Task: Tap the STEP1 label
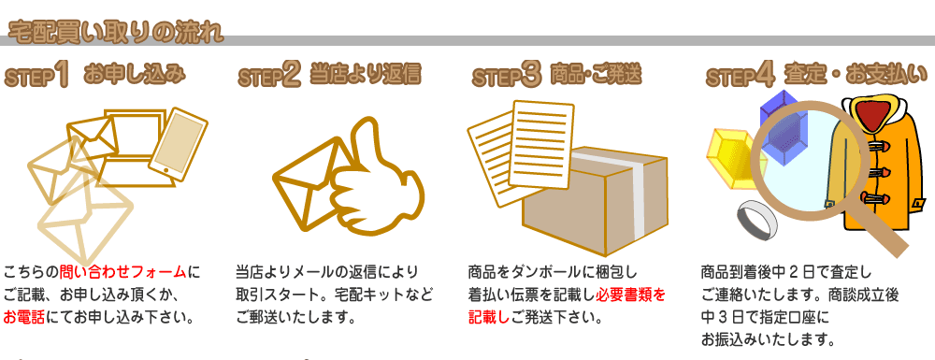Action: click(x=38, y=76)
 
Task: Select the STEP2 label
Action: click(x=269, y=76)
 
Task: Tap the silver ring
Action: click(x=756, y=221)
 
